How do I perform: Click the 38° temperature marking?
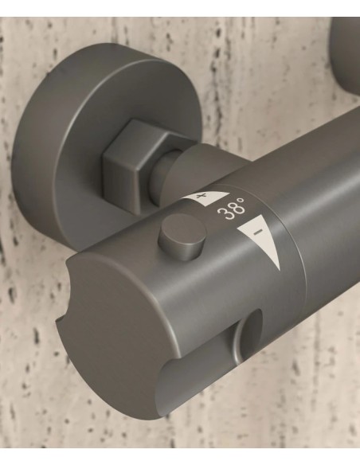(x=231, y=209)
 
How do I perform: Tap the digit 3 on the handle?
(x=222, y=213)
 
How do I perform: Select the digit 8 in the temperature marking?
(x=233, y=209)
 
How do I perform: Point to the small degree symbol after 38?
(x=242, y=201)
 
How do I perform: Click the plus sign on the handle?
(x=202, y=196)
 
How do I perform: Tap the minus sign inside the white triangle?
(x=258, y=232)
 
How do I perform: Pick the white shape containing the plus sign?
(x=205, y=197)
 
